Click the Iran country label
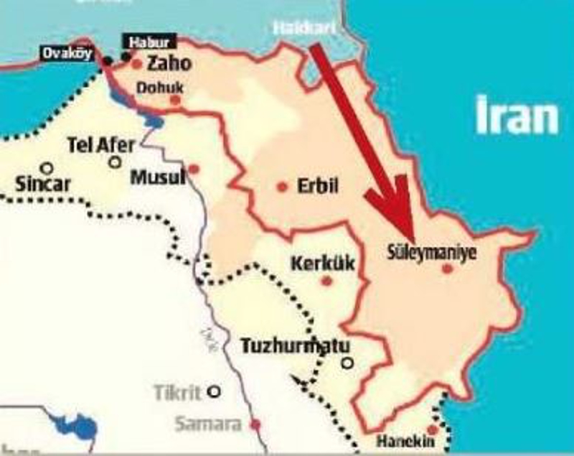(517, 117)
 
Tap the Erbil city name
(317, 187)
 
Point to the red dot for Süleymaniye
(448, 269)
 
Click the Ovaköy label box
(68, 53)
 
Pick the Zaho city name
(169, 64)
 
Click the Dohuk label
(161, 88)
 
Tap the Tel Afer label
(100, 145)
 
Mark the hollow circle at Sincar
(47, 168)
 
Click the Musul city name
(157, 176)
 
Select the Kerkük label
(322, 264)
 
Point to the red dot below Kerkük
(326, 281)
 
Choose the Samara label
(208, 424)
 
